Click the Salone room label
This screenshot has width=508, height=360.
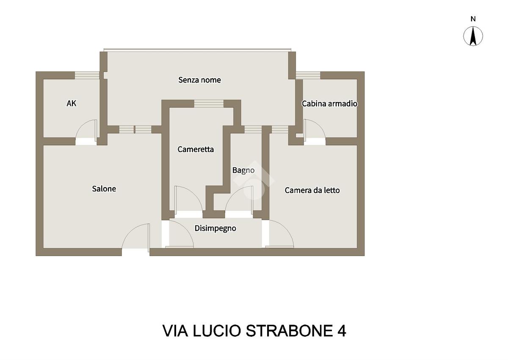[x=104, y=189]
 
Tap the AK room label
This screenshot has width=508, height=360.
[x=72, y=103]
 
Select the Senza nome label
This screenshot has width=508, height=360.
[x=199, y=80]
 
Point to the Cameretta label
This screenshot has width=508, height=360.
[x=196, y=149]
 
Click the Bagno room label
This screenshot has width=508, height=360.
[x=243, y=170]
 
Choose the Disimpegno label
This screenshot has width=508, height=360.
[x=215, y=228]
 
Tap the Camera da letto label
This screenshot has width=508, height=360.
[x=312, y=190]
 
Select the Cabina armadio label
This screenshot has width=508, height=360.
[x=329, y=103]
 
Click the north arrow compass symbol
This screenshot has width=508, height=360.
[x=473, y=36]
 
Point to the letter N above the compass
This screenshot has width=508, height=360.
[x=473, y=19]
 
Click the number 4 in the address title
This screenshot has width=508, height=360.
[x=342, y=331]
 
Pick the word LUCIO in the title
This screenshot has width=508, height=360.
[x=217, y=331]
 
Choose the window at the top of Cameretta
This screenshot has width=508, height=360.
[x=209, y=103]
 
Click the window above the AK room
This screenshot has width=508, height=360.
[x=87, y=75]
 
